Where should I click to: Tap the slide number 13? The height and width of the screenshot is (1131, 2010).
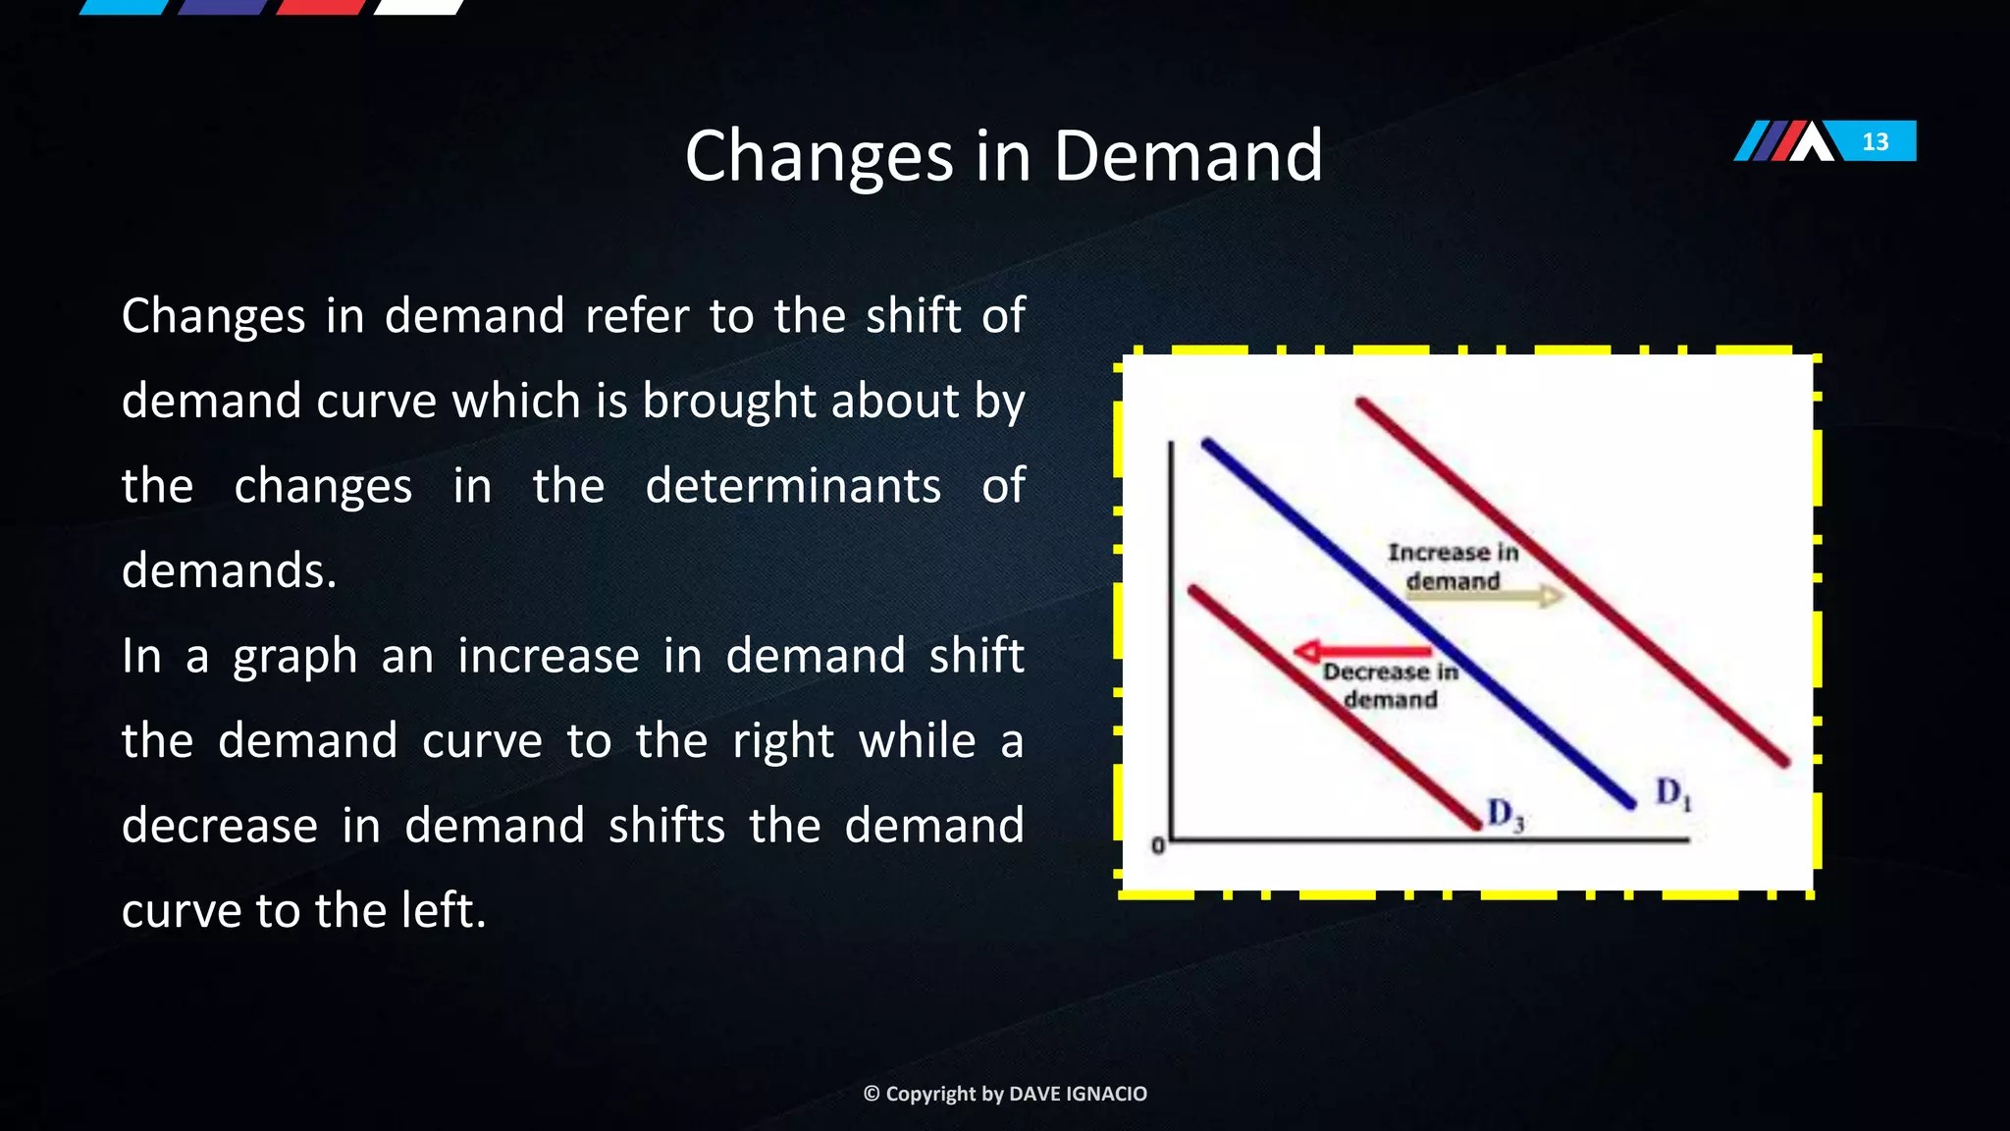[1875, 141]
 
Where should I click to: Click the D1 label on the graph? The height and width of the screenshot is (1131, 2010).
[1672, 792]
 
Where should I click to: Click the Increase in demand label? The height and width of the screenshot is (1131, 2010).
[1453, 566]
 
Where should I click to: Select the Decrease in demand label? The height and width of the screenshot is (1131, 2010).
[1390, 685]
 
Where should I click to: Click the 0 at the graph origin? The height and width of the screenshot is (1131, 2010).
[1157, 845]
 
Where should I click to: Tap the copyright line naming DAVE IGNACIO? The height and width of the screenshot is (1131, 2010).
[1004, 1094]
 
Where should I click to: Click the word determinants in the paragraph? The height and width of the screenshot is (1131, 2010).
[792, 486]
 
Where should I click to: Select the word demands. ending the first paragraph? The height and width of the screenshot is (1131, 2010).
[229, 570]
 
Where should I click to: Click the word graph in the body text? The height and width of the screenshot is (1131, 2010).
[294, 657]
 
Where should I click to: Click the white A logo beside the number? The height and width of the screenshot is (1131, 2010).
[1811, 141]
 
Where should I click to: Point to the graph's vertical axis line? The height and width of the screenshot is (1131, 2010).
[1171, 638]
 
